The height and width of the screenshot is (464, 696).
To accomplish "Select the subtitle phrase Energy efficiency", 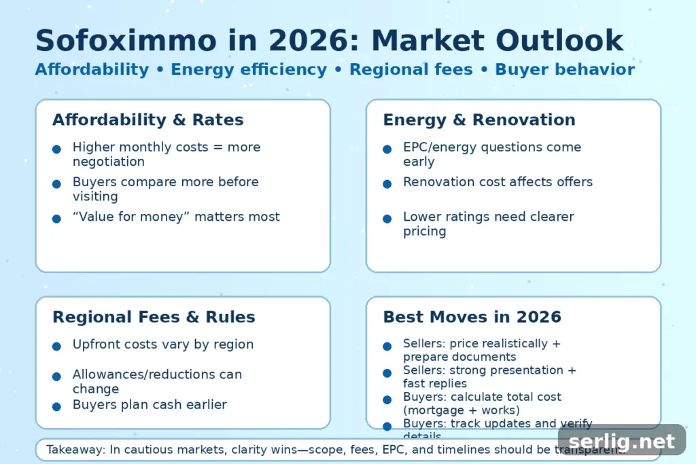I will [x=249, y=69].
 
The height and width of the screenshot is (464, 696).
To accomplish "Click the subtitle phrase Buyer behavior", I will [x=565, y=69].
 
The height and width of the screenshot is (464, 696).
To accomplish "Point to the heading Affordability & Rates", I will [x=147, y=120].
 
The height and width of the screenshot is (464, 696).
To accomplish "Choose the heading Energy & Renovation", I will [x=478, y=120].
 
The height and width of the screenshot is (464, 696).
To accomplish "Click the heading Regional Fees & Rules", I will [x=154, y=317].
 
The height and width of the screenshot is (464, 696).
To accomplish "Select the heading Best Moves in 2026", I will [x=472, y=317].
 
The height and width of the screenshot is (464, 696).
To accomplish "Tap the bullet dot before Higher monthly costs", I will [x=56, y=149].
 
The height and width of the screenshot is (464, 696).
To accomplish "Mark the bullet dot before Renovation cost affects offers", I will [x=387, y=184].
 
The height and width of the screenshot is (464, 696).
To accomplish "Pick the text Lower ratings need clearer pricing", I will [x=488, y=224].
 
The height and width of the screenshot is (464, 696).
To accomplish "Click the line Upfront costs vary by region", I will [x=162, y=344].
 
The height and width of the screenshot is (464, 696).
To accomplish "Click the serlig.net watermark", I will [x=621, y=442].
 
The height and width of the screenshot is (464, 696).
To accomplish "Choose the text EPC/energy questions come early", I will [x=491, y=154].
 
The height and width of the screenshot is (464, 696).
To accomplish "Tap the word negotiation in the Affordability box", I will [x=108, y=162].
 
